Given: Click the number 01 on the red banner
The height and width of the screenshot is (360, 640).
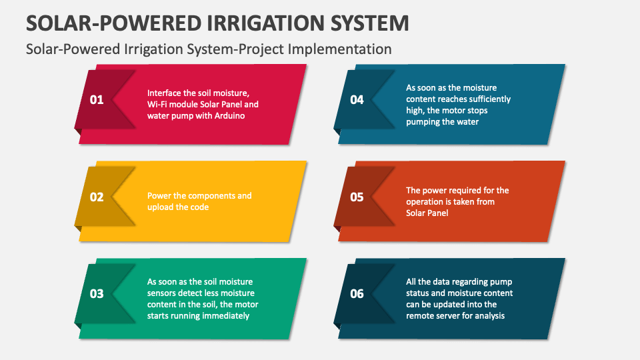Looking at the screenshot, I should click(x=97, y=100).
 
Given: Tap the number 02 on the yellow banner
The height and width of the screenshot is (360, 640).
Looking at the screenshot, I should click(x=97, y=197).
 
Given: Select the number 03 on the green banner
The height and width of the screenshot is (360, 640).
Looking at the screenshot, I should click(x=97, y=294).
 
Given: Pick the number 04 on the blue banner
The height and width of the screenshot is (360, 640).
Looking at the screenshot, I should click(x=357, y=100).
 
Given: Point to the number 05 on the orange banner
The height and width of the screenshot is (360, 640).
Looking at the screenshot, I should click(x=357, y=197).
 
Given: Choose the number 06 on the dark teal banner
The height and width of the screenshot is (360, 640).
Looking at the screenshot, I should click(x=357, y=294).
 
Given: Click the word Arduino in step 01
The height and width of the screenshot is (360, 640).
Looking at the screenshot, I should click(x=228, y=116).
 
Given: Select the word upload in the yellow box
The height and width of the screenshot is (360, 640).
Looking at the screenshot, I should click(x=161, y=207).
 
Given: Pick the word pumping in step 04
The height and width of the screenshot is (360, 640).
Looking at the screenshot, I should click(x=423, y=122).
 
